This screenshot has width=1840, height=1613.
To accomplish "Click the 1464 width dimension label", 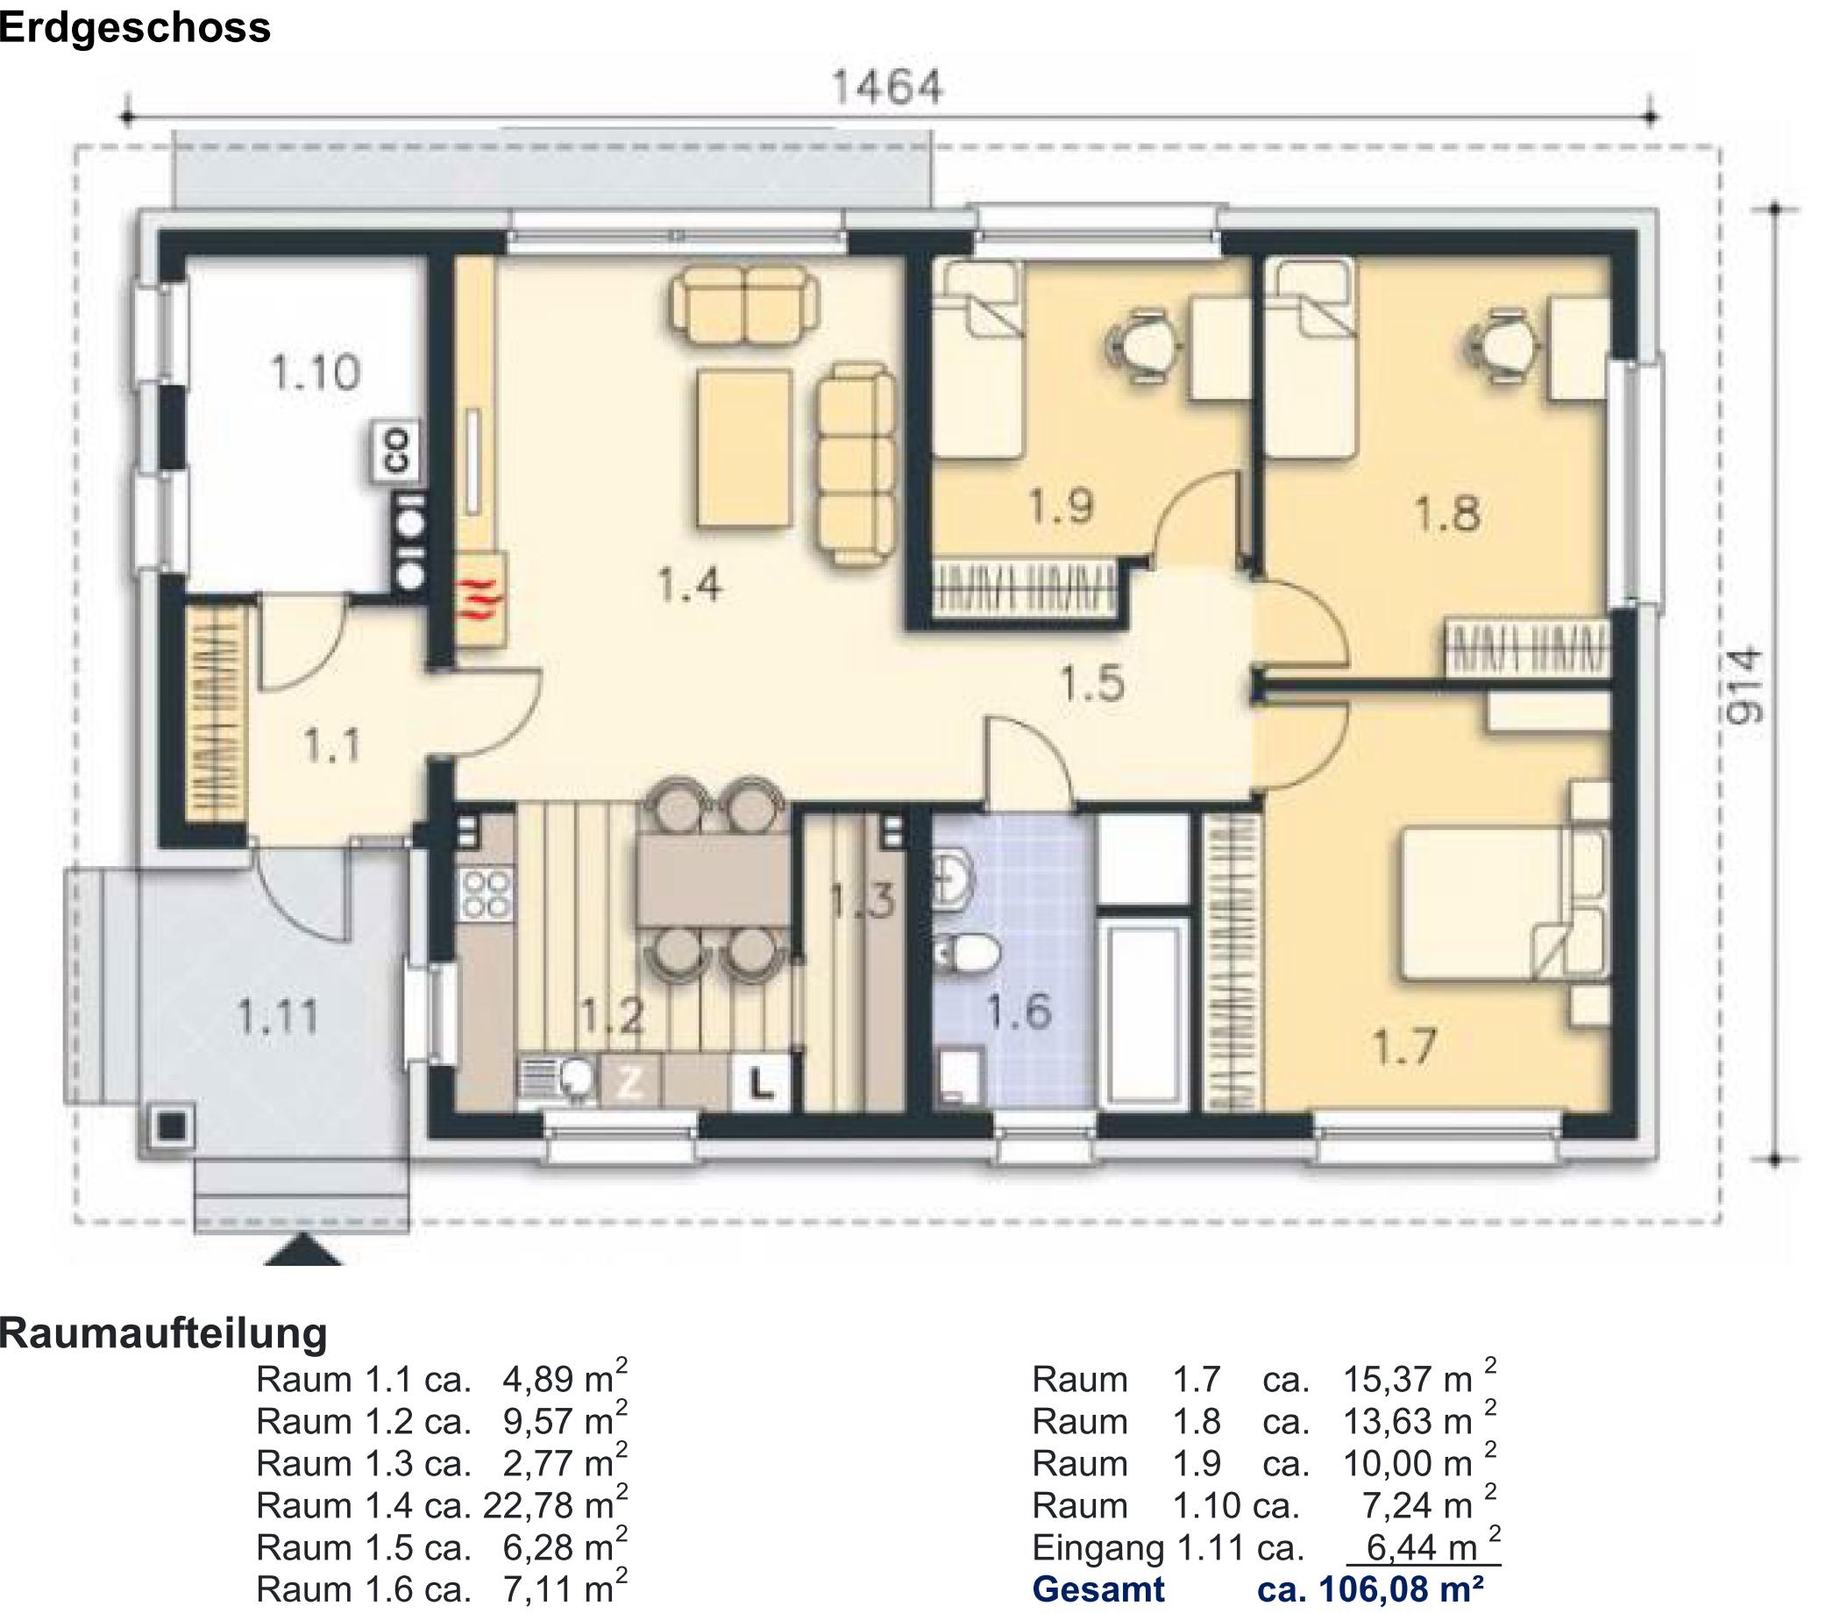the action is pos(887,89).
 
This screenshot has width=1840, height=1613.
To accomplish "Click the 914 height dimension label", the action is pos(1747,686).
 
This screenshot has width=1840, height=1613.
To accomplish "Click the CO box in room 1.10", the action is pos(397,451).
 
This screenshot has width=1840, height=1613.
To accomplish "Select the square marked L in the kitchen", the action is pos(762,1085).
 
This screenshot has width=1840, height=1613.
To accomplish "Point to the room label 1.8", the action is pos(1446,515).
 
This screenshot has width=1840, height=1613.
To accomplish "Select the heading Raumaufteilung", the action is pos(163,1332).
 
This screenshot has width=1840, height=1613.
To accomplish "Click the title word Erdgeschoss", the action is pos(135,28).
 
